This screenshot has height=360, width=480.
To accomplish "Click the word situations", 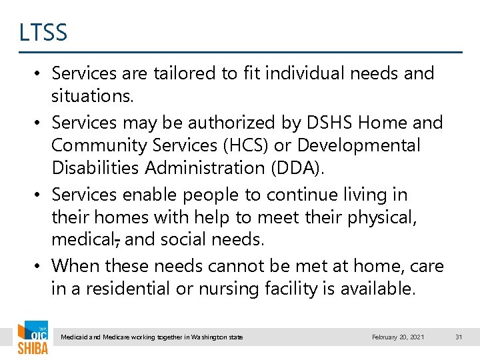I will pyautogui.click(x=93, y=96).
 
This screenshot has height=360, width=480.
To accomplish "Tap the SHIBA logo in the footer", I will pyautogui.click(x=32, y=339).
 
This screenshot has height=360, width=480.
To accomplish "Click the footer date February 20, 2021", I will pyautogui.click(x=397, y=337).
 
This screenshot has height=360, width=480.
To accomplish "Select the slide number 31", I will pyautogui.click(x=458, y=337).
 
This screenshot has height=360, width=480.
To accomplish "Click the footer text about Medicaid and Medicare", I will pyautogui.click(x=152, y=337).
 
